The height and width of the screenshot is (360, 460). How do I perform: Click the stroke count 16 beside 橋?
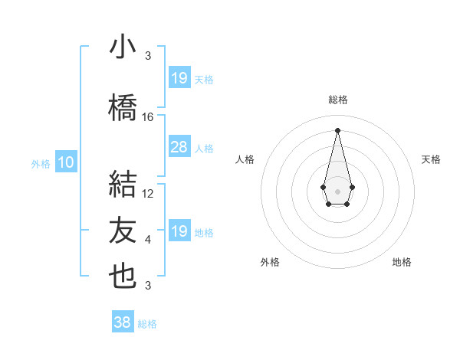point(148,117)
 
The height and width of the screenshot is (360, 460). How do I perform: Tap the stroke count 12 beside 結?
point(148,194)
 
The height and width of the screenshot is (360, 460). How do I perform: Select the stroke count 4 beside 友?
point(148,239)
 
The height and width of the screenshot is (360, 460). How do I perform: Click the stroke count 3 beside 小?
point(148,55)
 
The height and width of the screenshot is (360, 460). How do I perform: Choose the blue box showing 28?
point(179,148)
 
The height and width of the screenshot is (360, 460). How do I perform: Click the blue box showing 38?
point(123,322)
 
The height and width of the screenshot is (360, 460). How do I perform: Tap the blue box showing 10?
point(66,162)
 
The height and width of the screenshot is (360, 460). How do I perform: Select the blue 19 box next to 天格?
point(179,78)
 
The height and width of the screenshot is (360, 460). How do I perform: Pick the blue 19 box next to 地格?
point(179,231)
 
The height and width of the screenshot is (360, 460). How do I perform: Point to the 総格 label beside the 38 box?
point(147,324)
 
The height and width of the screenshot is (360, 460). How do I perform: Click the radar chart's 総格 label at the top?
point(337,100)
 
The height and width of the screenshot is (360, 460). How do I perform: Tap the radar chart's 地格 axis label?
point(402,262)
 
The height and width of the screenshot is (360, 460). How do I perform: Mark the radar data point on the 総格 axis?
point(337,129)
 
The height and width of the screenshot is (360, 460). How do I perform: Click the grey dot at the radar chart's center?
point(337,190)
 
